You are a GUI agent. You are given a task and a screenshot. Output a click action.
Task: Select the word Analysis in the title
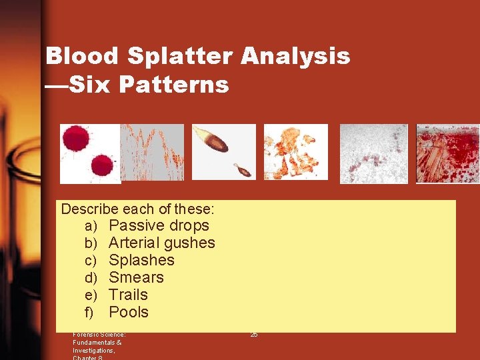click(295, 56)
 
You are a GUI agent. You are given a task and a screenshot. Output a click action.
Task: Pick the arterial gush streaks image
click(152, 152)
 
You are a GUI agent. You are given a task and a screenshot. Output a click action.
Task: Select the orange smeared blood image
click(296, 152)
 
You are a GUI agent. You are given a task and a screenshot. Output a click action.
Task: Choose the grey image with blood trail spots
click(373, 153)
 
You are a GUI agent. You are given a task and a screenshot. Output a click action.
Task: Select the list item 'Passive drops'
click(159, 225)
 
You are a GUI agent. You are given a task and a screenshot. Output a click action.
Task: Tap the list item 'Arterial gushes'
click(161, 243)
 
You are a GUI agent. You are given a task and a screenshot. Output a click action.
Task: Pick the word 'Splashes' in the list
click(141, 260)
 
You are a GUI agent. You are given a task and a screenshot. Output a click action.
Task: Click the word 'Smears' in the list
click(136, 277)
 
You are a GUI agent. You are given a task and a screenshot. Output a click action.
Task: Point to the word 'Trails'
click(128, 295)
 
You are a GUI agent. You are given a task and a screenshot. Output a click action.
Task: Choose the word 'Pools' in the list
click(129, 312)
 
